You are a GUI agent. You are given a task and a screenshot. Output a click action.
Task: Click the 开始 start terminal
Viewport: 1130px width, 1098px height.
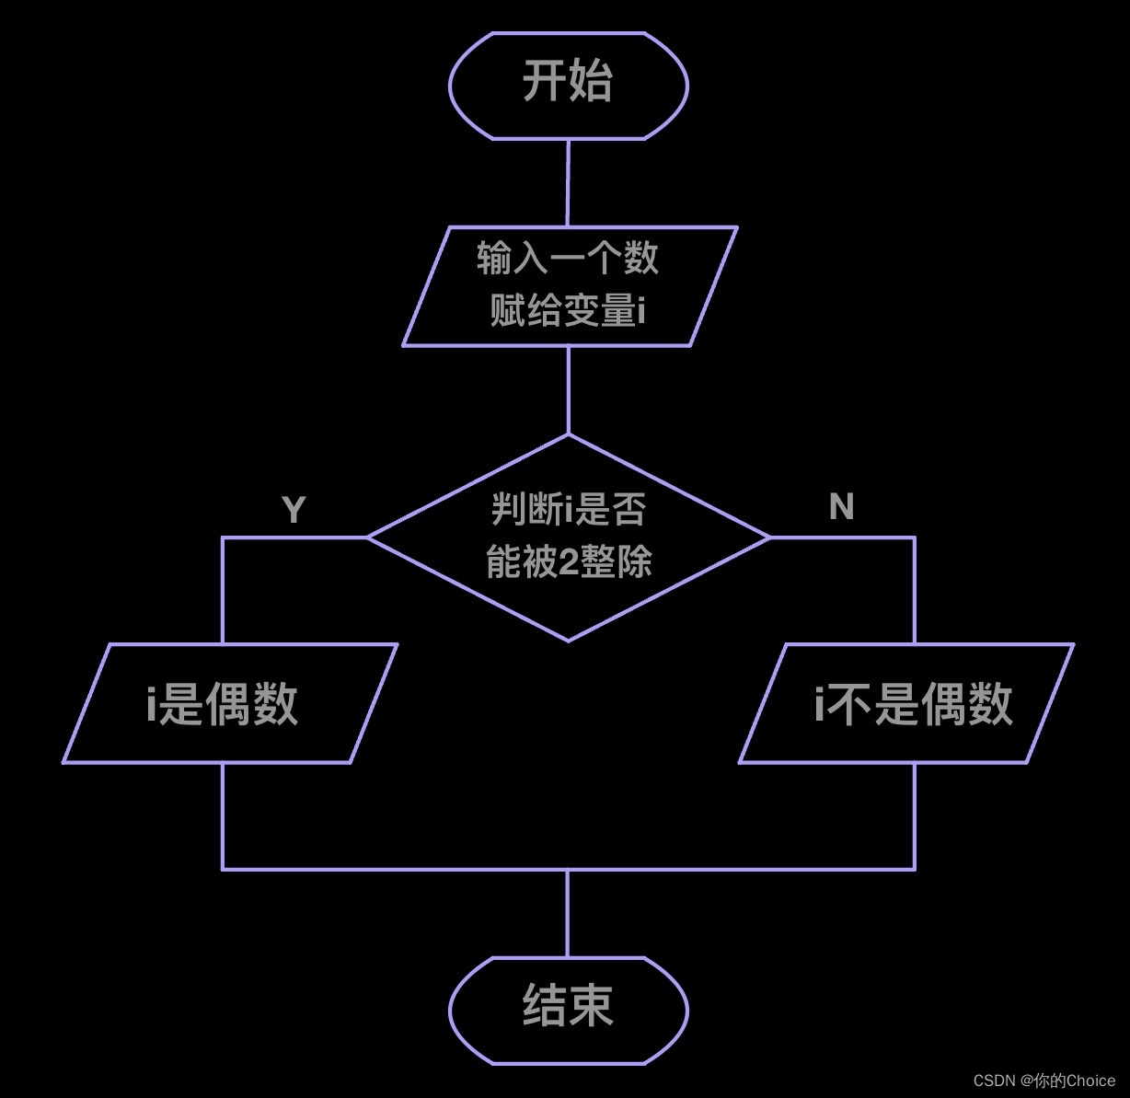click(x=568, y=85)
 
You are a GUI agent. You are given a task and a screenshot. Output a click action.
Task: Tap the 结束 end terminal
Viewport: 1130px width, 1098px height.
click(x=568, y=1010)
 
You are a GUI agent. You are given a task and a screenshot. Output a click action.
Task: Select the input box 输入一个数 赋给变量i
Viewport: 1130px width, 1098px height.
click(x=569, y=286)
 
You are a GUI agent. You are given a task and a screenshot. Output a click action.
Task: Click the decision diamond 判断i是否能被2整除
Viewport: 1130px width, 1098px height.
click(x=568, y=537)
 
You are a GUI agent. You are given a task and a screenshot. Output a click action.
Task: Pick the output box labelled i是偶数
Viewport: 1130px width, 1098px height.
click(x=229, y=704)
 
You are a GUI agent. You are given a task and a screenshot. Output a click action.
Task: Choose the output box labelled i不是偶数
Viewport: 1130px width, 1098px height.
click(x=906, y=704)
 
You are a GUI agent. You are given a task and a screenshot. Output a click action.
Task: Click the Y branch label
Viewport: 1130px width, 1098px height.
click(x=293, y=510)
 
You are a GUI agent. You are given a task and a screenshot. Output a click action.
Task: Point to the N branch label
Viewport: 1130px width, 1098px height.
click(x=841, y=507)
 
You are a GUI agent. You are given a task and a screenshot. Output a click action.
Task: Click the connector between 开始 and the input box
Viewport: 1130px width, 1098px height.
click(x=568, y=182)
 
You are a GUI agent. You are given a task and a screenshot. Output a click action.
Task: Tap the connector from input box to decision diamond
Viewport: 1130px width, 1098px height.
click(x=569, y=389)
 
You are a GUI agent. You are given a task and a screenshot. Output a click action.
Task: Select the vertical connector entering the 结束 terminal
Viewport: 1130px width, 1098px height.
click(x=568, y=913)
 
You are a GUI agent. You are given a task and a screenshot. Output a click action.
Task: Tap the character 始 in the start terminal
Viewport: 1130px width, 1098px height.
click(x=591, y=81)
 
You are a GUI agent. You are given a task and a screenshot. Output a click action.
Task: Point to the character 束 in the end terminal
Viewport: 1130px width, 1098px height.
click(x=591, y=1005)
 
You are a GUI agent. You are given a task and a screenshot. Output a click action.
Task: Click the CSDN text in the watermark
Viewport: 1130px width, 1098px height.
click(x=994, y=1081)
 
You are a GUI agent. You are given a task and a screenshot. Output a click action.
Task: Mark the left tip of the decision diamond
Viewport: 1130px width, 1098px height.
click(x=370, y=537)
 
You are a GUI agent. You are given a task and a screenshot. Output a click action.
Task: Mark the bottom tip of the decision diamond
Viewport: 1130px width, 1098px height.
click(x=568, y=640)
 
